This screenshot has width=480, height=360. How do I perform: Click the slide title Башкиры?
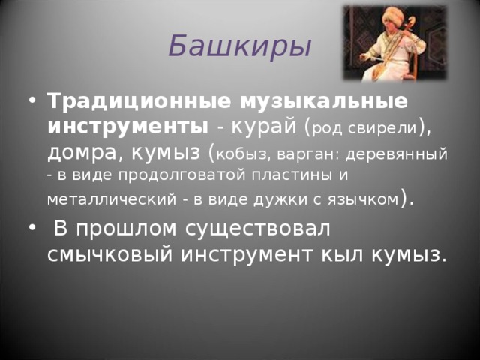(239, 46)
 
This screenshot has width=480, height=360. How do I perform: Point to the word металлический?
(98, 199)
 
